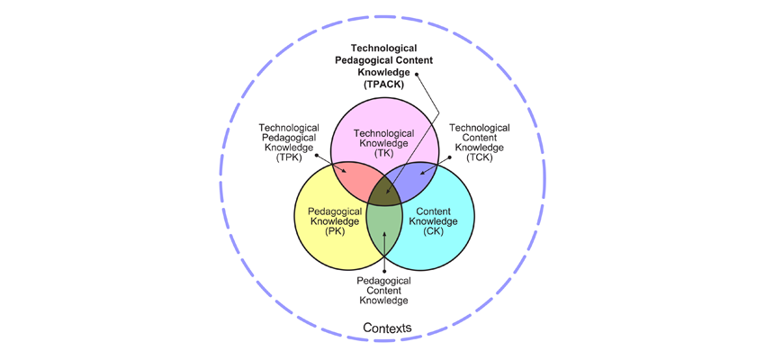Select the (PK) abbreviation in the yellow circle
335,231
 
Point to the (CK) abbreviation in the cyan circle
433,231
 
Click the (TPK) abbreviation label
289,158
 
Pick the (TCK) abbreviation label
480,158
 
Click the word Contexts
387,328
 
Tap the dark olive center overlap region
384,193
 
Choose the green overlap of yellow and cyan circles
384,230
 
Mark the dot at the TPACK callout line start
417,75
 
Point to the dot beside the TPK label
316,156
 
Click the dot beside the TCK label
449,157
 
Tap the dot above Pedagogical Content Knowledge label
384,271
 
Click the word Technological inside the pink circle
384,133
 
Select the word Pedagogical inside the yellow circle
335,211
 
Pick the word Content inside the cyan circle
433,211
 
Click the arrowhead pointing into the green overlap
384,235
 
